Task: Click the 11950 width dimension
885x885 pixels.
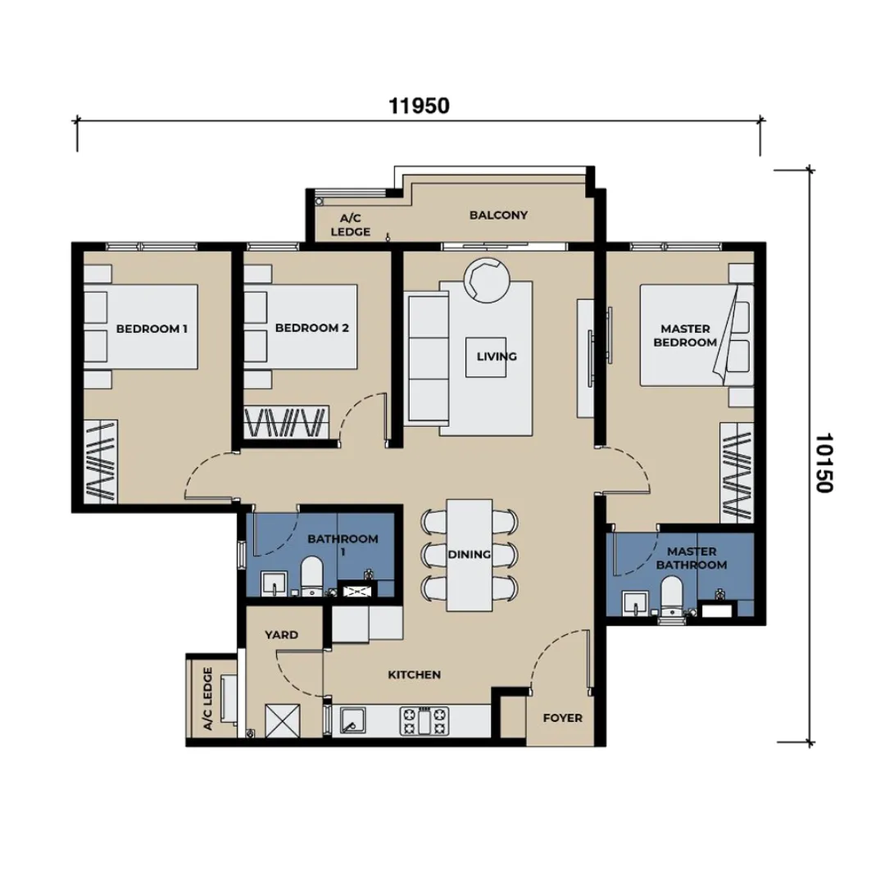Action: point(419,106)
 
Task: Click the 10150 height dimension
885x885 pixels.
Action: point(824,463)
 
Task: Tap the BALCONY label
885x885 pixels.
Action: point(498,215)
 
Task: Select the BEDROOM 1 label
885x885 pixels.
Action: point(152,329)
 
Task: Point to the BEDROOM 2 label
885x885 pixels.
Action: point(311,328)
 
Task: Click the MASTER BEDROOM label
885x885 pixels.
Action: point(685,335)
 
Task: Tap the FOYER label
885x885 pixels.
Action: point(562,718)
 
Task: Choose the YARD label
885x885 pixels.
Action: point(281,635)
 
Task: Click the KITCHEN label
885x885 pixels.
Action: point(415,674)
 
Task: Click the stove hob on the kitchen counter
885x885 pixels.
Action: point(424,721)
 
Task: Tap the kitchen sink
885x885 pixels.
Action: point(352,721)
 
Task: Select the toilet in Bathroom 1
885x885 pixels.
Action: point(311,576)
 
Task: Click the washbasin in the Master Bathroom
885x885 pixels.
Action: point(636,603)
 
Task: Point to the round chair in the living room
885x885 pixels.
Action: point(487,280)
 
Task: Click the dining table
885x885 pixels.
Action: point(470,555)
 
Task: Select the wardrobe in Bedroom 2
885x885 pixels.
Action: point(286,422)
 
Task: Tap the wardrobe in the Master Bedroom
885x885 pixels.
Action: point(737,473)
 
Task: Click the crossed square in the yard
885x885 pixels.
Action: point(282,721)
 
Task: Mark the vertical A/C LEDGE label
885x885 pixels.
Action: point(207,699)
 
